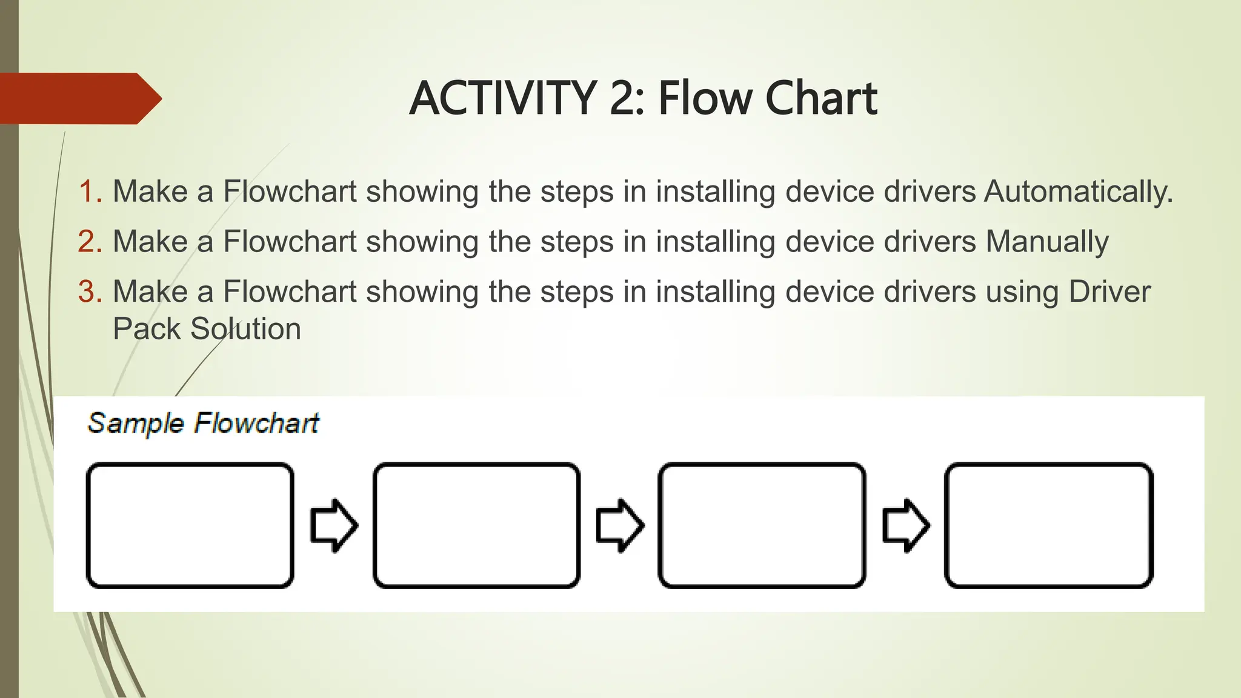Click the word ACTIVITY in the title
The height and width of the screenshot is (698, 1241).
pyautogui.click(x=504, y=98)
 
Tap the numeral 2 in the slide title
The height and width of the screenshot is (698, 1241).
pyautogui.click(x=624, y=98)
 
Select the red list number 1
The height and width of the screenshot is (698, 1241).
pyautogui.click(x=90, y=191)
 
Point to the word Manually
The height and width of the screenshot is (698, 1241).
pyautogui.click(x=1047, y=242)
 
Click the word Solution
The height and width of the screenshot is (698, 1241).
pyautogui.click(x=245, y=329)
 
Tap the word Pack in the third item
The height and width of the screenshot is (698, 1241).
pyautogui.click(x=146, y=329)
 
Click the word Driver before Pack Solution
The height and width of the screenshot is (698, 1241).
pyautogui.click(x=1109, y=292)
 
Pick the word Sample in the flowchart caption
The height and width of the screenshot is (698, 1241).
pyautogui.click(x=136, y=424)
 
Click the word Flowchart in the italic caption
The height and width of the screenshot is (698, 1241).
pyautogui.click(x=256, y=424)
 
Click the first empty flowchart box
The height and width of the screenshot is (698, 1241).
pyautogui.click(x=190, y=525)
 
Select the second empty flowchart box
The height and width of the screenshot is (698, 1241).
pyautogui.click(x=476, y=525)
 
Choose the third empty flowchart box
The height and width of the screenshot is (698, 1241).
pyautogui.click(x=762, y=525)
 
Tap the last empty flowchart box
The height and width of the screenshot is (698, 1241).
pyautogui.click(x=1049, y=525)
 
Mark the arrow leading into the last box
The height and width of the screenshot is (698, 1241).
pyautogui.click(x=906, y=525)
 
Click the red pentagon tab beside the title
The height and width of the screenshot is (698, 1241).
pyautogui.click(x=79, y=98)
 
